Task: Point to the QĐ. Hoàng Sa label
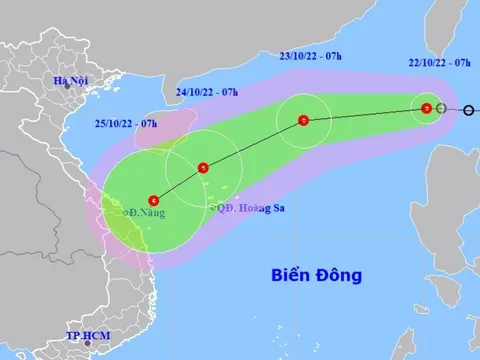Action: click(x=249, y=208)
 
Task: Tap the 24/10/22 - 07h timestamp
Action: click(x=206, y=92)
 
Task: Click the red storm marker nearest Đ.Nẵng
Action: click(x=153, y=199)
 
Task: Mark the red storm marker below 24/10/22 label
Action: click(x=203, y=168)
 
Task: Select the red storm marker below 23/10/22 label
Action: click(x=303, y=122)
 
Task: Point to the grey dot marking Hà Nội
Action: click(x=68, y=87)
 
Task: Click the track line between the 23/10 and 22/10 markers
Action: click(x=365, y=115)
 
